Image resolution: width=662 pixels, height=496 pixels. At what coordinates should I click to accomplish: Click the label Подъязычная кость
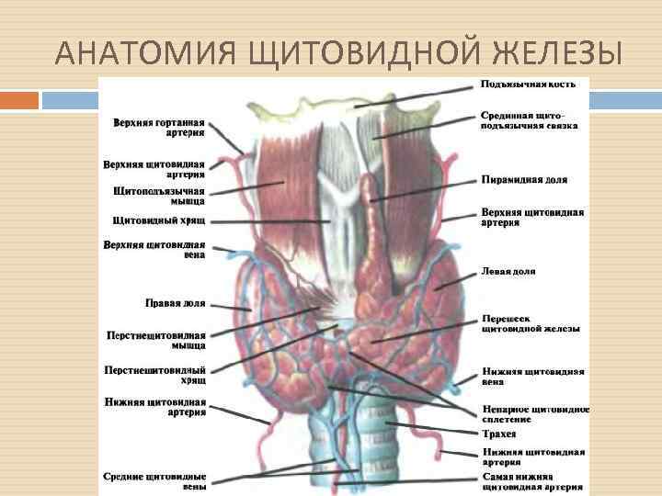(x=529, y=84)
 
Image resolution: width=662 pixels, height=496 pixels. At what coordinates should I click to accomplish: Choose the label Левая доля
(x=508, y=272)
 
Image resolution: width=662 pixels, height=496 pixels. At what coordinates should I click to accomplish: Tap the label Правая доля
(x=175, y=302)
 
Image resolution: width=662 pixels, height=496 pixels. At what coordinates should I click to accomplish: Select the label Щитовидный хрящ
(x=158, y=220)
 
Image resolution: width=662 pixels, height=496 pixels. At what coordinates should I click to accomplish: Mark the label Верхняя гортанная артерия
(x=159, y=128)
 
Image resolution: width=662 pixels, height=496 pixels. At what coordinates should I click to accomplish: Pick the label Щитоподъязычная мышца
(x=159, y=197)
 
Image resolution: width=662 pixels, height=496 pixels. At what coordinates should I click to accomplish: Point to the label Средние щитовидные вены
(x=155, y=482)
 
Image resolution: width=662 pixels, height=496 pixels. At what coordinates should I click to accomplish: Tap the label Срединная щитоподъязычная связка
(x=529, y=120)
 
